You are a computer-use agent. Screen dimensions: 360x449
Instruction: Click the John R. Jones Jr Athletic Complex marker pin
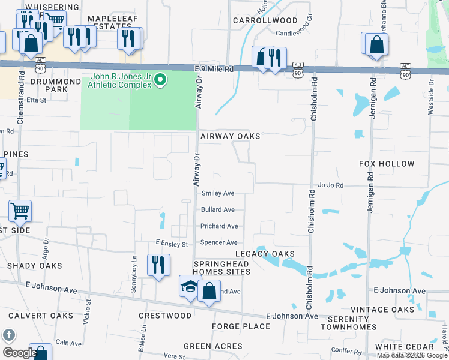click(160, 79)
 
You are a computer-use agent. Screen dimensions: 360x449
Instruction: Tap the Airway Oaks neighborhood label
click(231, 136)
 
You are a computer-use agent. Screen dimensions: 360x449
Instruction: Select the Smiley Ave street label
click(218, 193)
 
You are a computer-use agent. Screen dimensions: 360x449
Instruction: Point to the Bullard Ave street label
click(218, 210)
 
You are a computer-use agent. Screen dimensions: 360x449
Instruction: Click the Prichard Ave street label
click(220, 226)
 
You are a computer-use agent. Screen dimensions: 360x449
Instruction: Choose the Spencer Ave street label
click(219, 242)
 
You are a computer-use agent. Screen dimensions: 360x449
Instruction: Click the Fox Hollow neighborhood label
click(387, 164)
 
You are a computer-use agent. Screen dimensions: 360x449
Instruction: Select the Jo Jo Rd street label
click(331, 185)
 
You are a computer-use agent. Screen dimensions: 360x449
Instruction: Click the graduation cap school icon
click(189, 286)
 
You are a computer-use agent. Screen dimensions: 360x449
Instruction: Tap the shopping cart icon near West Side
click(20, 211)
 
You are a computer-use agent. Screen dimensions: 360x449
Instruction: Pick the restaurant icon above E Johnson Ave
click(158, 265)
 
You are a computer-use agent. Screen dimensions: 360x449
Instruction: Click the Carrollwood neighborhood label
click(265, 20)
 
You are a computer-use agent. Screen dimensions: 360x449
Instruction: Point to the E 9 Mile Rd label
click(214, 69)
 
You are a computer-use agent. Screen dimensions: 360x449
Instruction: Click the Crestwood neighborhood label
click(165, 316)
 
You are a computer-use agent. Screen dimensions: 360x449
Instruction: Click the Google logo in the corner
click(19, 353)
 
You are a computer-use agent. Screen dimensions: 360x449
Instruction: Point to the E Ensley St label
click(172, 244)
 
